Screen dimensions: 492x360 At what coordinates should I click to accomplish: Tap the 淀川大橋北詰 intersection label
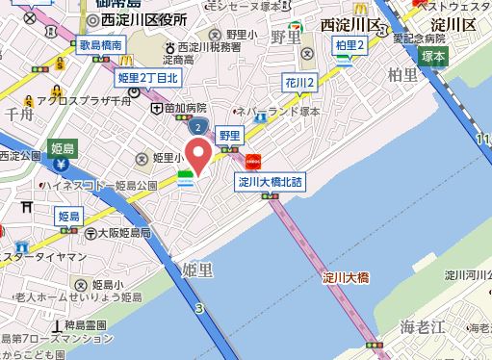[x=270, y=179]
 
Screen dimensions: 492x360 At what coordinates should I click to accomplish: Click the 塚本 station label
[x=433, y=57]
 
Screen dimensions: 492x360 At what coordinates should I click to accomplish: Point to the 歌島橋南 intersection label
[x=101, y=45]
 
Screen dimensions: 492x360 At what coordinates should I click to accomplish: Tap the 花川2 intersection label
[x=299, y=84]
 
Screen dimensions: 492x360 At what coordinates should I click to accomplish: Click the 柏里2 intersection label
[x=348, y=44]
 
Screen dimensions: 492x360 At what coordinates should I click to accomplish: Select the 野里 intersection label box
[x=229, y=136]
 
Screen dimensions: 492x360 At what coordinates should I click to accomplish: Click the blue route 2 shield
[x=197, y=126]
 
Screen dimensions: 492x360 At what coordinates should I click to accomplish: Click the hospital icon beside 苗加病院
[x=157, y=109]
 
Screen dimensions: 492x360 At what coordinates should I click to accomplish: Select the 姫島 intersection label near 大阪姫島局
[x=69, y=217]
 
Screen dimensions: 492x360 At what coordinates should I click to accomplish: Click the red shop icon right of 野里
[x=254, y=161]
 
